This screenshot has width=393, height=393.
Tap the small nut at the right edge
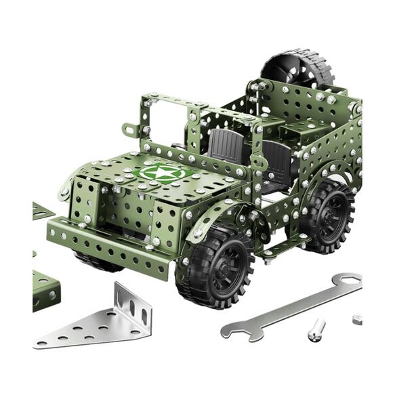356,318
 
